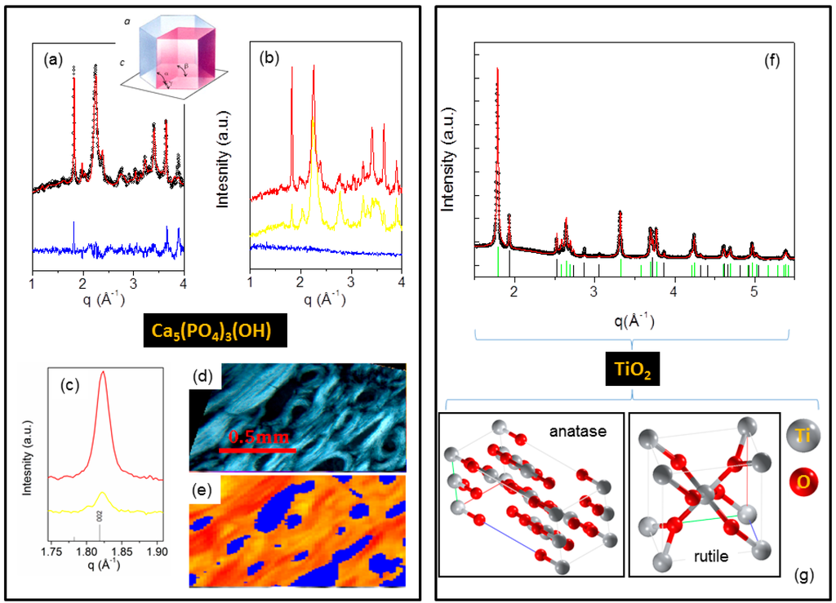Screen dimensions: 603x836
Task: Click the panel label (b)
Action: click(269, 59)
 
